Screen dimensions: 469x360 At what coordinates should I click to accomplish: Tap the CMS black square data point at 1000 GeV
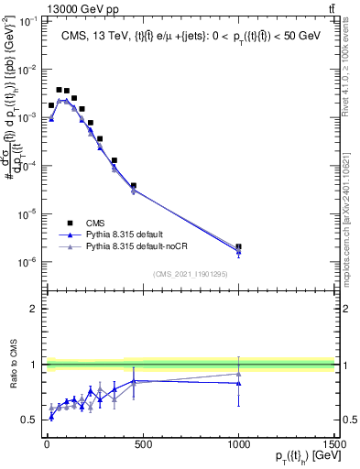pyautogui.click(x=238, y=246)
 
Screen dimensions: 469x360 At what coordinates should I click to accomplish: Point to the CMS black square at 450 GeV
pyautogui.click(x=133, y=186)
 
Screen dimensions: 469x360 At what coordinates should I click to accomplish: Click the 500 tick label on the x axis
pyautogui.click(x=142, y=445)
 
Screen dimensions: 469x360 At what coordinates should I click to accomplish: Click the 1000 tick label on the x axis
pyautogui.click(x=238, y=445)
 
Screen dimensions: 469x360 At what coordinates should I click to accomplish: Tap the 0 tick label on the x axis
pyautogui.click(x=46, y=445)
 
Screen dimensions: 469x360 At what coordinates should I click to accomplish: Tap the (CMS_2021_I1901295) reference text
pyautogui.click(x=191, y=273)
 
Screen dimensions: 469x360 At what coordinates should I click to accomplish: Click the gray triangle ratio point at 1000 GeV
pyautogui.click(x=238, y=374)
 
